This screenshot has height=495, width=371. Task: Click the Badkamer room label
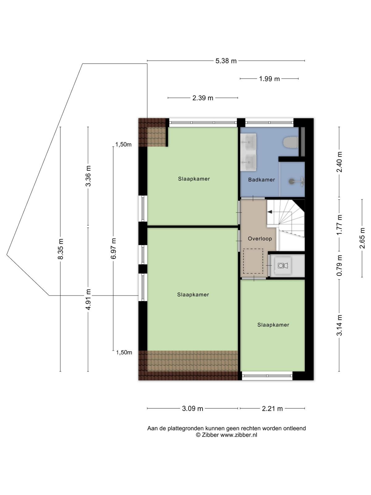tap(261, 180)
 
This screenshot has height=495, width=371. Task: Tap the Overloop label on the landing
tap(260, 239)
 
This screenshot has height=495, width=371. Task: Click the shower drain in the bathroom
tap(292, 181)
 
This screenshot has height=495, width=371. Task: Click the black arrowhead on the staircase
tap(270, 212)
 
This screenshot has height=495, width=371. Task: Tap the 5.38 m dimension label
tap(226, 61)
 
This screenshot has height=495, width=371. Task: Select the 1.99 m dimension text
tap(269, 79)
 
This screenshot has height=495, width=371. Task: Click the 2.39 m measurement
tap(203, 98)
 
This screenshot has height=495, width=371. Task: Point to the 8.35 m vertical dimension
tap(61, 249)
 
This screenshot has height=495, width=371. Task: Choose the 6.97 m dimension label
tap(113, 248)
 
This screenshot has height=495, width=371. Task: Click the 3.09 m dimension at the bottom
tap(193, 408)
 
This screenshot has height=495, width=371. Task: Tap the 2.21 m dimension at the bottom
tap(272, 408)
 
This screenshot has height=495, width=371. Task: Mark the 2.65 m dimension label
tap(362, 238)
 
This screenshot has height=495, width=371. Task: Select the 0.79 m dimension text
tap(339, 265)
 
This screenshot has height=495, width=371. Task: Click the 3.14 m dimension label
tap(339, 325)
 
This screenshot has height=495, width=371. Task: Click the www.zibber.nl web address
tap(239, 435)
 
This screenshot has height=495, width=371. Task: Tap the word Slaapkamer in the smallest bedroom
tap(273, 325)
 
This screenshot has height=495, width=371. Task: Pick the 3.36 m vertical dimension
tap(88, 176)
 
